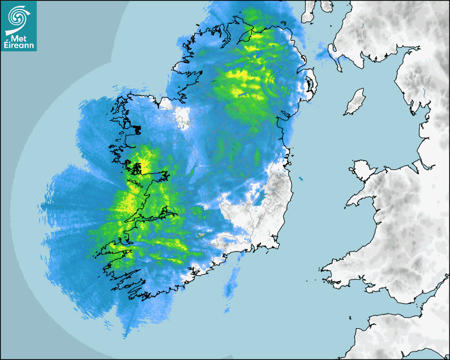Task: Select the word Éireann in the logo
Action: [x=19, y=46]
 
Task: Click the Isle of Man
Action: [x=355, y=102]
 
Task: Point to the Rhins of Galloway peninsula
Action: [x=334, y=53]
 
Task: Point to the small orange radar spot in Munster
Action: [x=201, y=235]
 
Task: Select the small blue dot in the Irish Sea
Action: [x=301, y=179]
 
